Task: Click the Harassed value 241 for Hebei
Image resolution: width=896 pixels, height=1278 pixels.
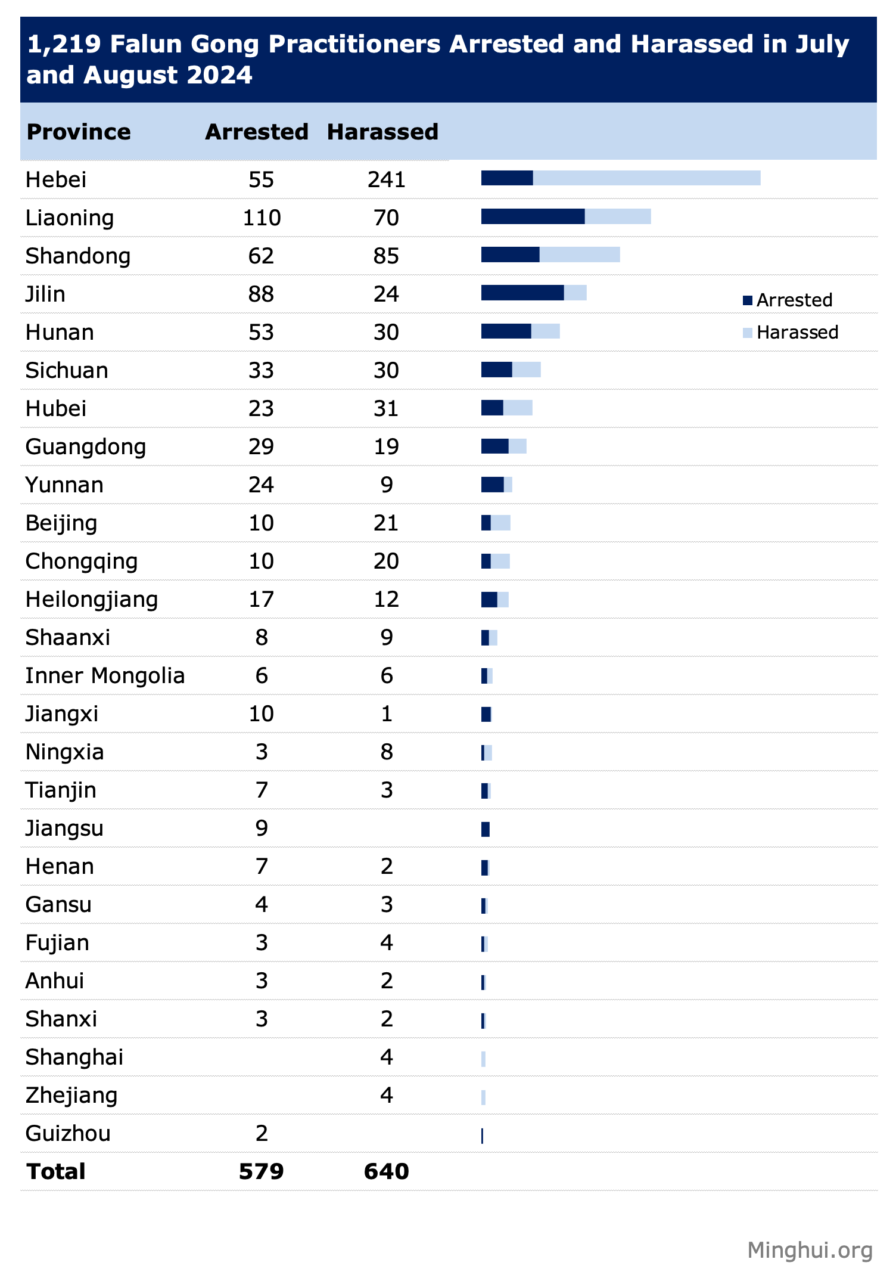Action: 386,179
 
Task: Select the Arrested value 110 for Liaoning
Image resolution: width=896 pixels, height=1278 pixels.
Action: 262,218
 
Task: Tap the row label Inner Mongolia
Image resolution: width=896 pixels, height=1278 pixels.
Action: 105,675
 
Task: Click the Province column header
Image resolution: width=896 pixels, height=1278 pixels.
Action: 79,132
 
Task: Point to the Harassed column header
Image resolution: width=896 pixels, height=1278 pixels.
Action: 382,132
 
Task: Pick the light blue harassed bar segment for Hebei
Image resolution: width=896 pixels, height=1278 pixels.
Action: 646,178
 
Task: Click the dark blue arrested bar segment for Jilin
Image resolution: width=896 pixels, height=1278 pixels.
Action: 522,293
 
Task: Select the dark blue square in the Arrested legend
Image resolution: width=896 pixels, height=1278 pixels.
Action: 748,300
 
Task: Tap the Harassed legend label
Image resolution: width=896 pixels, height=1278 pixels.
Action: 797,332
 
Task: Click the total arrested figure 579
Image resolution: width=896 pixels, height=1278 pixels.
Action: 262,1171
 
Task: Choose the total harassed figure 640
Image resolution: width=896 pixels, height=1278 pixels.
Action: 386,1171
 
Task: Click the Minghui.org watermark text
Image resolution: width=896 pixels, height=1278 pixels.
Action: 810,1249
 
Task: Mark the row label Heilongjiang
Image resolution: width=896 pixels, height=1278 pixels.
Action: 92,599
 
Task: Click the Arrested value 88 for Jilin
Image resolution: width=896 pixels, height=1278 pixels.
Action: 262,294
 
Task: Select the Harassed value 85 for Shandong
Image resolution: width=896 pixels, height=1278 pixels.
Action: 386,256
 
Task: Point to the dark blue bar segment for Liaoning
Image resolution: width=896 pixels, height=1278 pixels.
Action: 533,216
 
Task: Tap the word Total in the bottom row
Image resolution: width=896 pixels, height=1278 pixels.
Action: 56,1171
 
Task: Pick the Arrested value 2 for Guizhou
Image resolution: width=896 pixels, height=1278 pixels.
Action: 262,1133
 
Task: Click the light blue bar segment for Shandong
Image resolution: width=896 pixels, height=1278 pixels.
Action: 580,255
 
